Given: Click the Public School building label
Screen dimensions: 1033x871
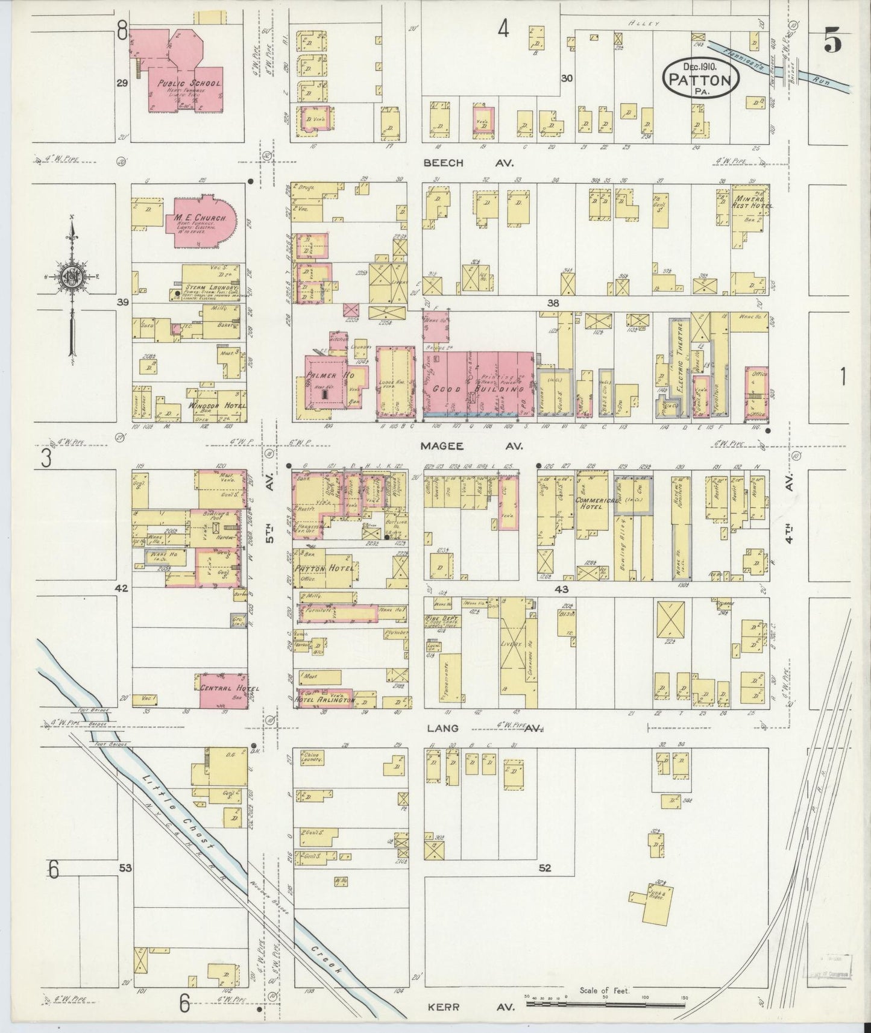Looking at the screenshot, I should click(x=181, y=84).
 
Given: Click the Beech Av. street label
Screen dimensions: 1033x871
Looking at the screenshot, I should click(x=473, y=163).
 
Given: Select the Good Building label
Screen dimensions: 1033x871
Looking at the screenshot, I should click(x=485, y=389).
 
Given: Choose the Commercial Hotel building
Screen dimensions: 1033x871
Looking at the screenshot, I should click(x=593, y=500).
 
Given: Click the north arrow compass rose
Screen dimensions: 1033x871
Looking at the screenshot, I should click(x=72, y=277).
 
